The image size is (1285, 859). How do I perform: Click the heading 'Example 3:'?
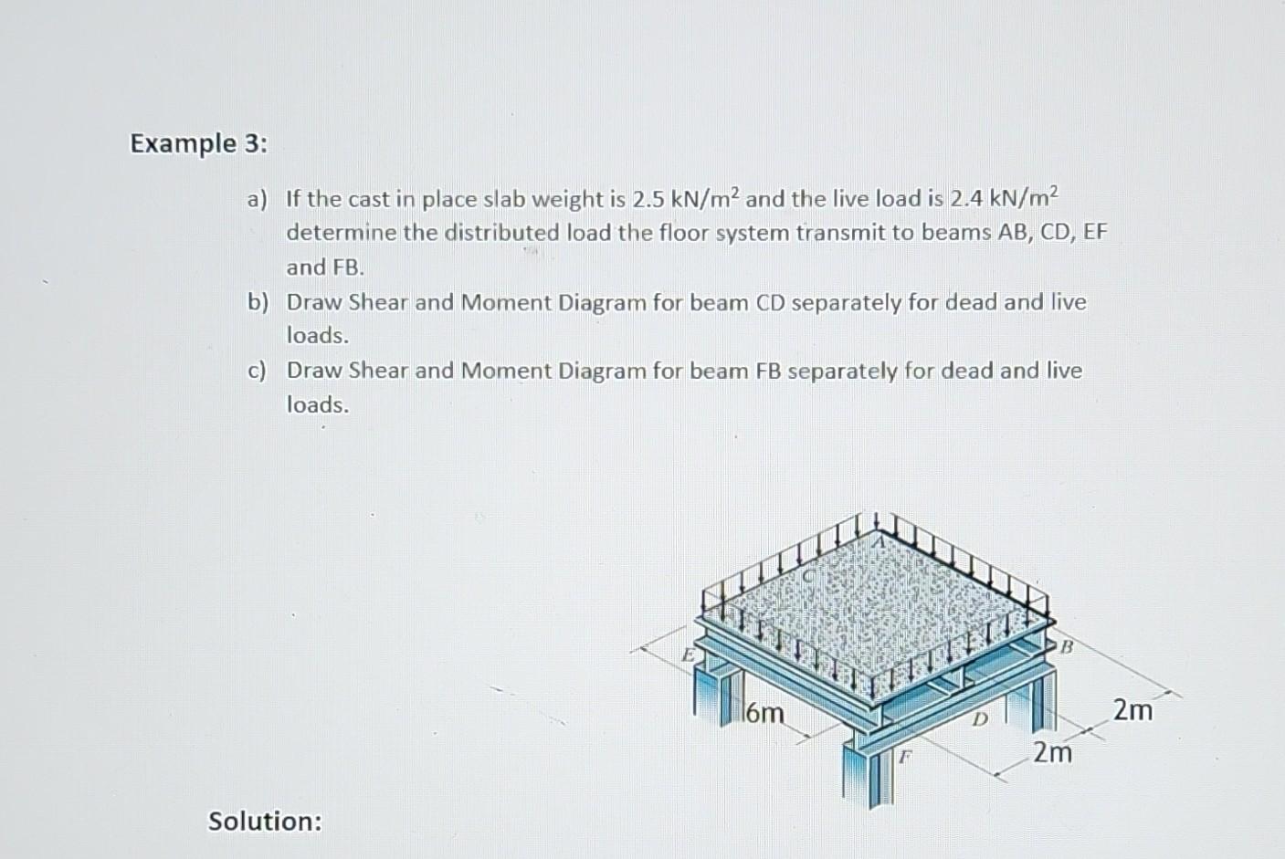199,143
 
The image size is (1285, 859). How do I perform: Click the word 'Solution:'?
265,821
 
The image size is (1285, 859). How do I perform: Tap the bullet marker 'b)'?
257,302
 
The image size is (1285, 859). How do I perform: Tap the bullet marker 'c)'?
257,371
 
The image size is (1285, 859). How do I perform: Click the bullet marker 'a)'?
257,198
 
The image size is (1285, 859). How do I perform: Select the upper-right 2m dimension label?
1132,709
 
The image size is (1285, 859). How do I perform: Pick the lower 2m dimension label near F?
1052,753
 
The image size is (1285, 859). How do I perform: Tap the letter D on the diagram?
978,721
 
